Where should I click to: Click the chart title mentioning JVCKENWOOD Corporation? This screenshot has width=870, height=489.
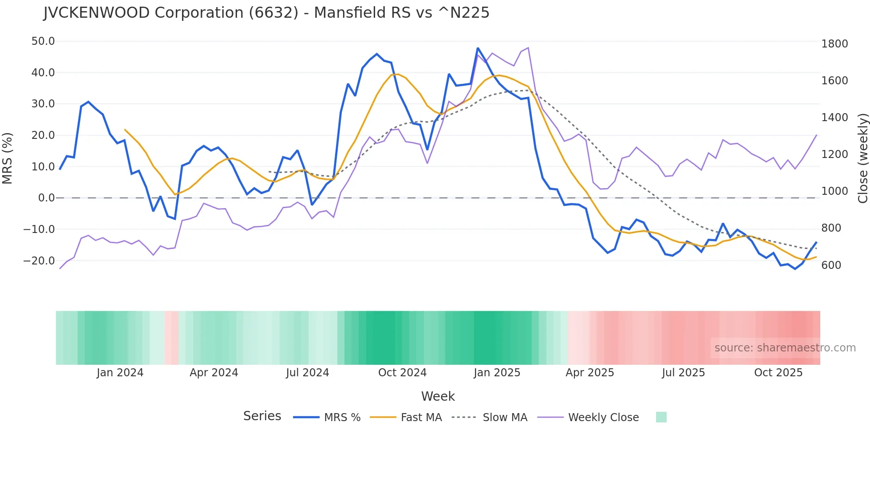click(266, 13)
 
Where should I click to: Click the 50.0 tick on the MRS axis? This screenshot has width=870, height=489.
click(43, 41)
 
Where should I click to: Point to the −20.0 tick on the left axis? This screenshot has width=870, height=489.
click(40, 261)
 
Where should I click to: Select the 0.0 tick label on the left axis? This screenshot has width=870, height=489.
click(47, 198)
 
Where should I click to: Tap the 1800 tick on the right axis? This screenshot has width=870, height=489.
click(834, 44)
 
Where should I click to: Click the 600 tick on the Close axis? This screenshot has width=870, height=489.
click(831, 265)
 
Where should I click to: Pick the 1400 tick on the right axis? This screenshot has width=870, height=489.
click(834, 118)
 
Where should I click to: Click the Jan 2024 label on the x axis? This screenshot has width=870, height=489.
click(120, 373)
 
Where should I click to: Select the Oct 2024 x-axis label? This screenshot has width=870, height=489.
click(402, 373)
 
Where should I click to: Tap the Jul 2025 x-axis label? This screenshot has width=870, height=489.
click(683, 373)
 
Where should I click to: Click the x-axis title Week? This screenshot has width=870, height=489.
click(438, 396)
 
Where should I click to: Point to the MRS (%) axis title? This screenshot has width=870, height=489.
click(8, 158)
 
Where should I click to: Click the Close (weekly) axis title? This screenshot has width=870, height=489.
click(862, 158)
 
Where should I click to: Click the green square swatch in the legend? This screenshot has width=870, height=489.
click(661, 417)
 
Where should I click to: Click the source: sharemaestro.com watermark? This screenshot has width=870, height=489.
click(785, 348)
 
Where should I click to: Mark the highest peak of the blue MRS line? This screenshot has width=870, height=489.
click(478, 48)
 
